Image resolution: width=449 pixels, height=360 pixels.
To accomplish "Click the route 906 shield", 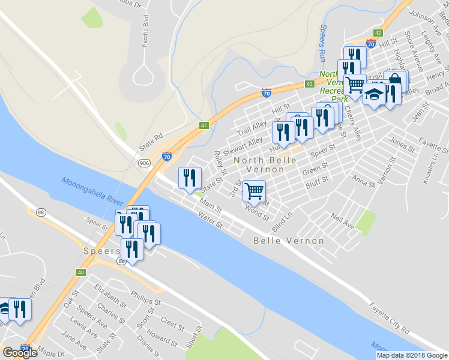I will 144,163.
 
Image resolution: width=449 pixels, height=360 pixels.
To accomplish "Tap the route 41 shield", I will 204,125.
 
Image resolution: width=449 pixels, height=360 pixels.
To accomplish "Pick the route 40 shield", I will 80,272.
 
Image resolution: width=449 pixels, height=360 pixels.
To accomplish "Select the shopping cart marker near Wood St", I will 254,191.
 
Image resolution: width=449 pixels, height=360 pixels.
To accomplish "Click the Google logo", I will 20,352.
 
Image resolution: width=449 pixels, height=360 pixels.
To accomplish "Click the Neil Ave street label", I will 342,220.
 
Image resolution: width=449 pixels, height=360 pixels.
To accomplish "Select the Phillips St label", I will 145,298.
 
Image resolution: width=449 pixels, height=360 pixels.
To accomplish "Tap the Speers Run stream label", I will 322,42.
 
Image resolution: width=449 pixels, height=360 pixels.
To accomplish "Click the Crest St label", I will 172,324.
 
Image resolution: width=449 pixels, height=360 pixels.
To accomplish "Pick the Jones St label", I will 402,144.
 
